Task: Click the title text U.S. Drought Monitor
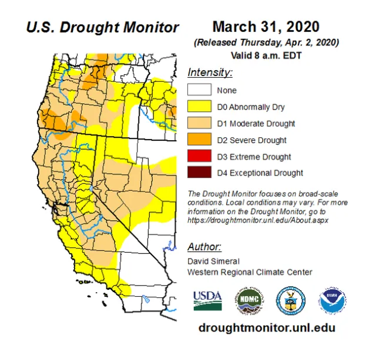(x=102, y=27)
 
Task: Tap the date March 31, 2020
(x=266, y=27)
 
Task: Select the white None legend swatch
(x=199, y=90)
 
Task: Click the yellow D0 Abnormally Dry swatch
(x=199, y=107)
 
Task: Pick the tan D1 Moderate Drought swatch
(x=199, y=124)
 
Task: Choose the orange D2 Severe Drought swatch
(x=199, y=140)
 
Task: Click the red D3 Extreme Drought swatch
(x=199, y=157)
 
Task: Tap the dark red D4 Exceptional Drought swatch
(x=199, y=173)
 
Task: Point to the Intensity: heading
(x=210, y=73)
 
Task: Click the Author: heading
(x=204, y=246)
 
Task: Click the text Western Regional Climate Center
(x=250, y=272)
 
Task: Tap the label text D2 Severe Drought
(x=251, y=140)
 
